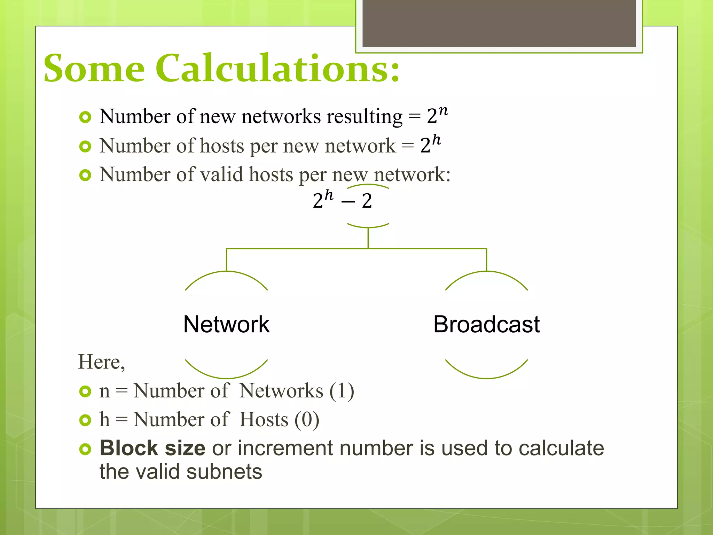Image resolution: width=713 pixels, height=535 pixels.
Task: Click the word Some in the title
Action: [x=94, y=68]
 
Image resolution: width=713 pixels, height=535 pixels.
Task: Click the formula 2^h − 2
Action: [x=342, y=200]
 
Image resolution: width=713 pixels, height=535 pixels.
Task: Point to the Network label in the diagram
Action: [x=226, y=324]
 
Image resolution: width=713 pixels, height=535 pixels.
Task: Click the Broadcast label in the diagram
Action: [x=486, y=324]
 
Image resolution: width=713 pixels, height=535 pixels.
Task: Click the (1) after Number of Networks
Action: [x=342, y=391]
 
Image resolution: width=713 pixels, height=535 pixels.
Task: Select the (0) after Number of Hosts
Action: [x=307, y=420]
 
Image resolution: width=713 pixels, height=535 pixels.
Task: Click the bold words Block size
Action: [x=152, y=448]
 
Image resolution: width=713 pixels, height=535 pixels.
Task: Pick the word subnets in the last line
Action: [x=224, y=472]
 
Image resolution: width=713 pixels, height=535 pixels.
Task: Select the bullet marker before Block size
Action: [x=85, y=449]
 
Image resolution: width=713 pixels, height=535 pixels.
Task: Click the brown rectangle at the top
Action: [x=499, y=23]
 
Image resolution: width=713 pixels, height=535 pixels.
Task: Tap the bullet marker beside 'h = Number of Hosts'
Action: [x=85, y=420]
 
